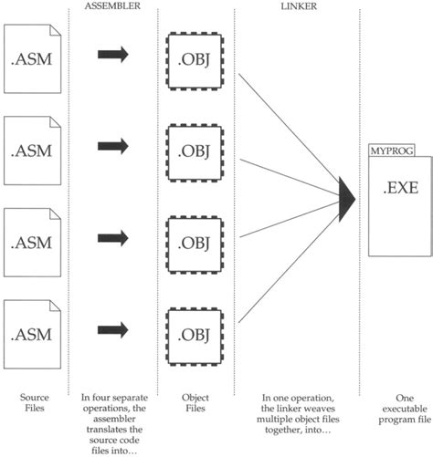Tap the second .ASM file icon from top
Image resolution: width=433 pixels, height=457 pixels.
(31, 150)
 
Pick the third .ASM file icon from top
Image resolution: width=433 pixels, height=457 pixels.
(31, 244)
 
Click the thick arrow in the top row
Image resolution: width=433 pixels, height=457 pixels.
(112, 56)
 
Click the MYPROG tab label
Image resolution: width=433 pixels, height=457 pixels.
(385, 151)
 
